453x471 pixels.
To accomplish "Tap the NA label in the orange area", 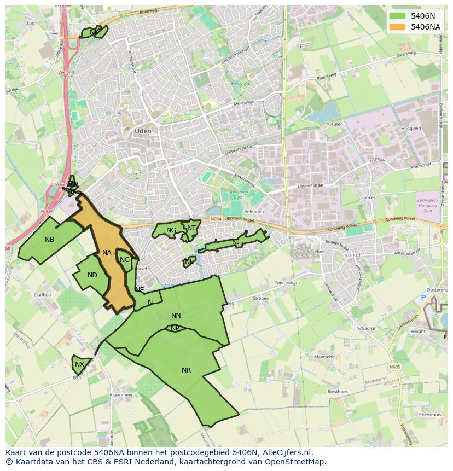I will pos(107,253).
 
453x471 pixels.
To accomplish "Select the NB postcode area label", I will pos(50,240).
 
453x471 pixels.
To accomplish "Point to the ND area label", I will pos(92,275).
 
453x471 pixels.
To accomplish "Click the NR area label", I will pos(186,370).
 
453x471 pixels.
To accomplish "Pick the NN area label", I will pos(176,316).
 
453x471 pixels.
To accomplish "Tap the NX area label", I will pos(80,364).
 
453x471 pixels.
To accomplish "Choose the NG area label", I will pos(171,230).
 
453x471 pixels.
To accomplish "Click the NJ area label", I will pos(236,242).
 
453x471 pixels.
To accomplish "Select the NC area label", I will pos(124,260).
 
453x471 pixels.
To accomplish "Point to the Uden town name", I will pos(143,131).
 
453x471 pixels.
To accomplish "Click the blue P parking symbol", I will pos(423,298).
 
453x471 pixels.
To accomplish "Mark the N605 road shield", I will pos(395,367).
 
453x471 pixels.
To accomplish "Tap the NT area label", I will pos(191,228).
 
